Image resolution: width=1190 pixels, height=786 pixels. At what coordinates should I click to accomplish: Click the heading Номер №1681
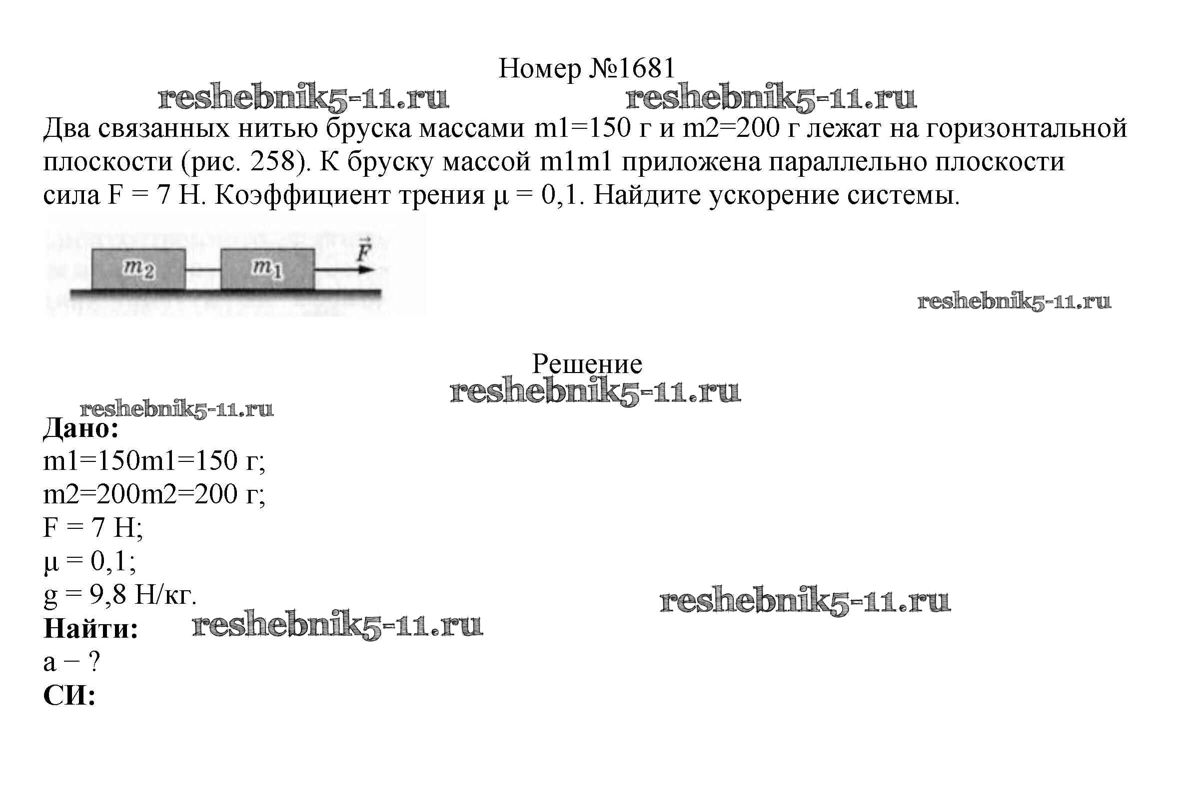click(587, 68)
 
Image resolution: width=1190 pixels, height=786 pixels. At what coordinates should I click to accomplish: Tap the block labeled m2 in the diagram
click(138, 269)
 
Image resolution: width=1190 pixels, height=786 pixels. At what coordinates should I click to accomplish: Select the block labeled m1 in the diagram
click(268, 269)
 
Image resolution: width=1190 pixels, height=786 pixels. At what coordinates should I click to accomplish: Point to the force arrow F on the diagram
click(346, 270)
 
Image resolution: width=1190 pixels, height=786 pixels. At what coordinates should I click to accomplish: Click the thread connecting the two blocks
click(203, 270)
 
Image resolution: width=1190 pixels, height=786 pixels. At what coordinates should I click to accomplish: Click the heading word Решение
click(587, 364)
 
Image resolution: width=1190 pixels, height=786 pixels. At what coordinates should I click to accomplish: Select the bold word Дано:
click(81, 428)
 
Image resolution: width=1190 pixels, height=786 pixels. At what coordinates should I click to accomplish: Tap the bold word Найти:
click(91, 629)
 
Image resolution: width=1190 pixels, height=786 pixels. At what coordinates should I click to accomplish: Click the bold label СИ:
click(69, 696)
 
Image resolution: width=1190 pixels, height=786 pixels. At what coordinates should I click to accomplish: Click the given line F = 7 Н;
click(93, 528)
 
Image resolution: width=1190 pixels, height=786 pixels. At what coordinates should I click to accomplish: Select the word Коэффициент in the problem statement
click(302, 195)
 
